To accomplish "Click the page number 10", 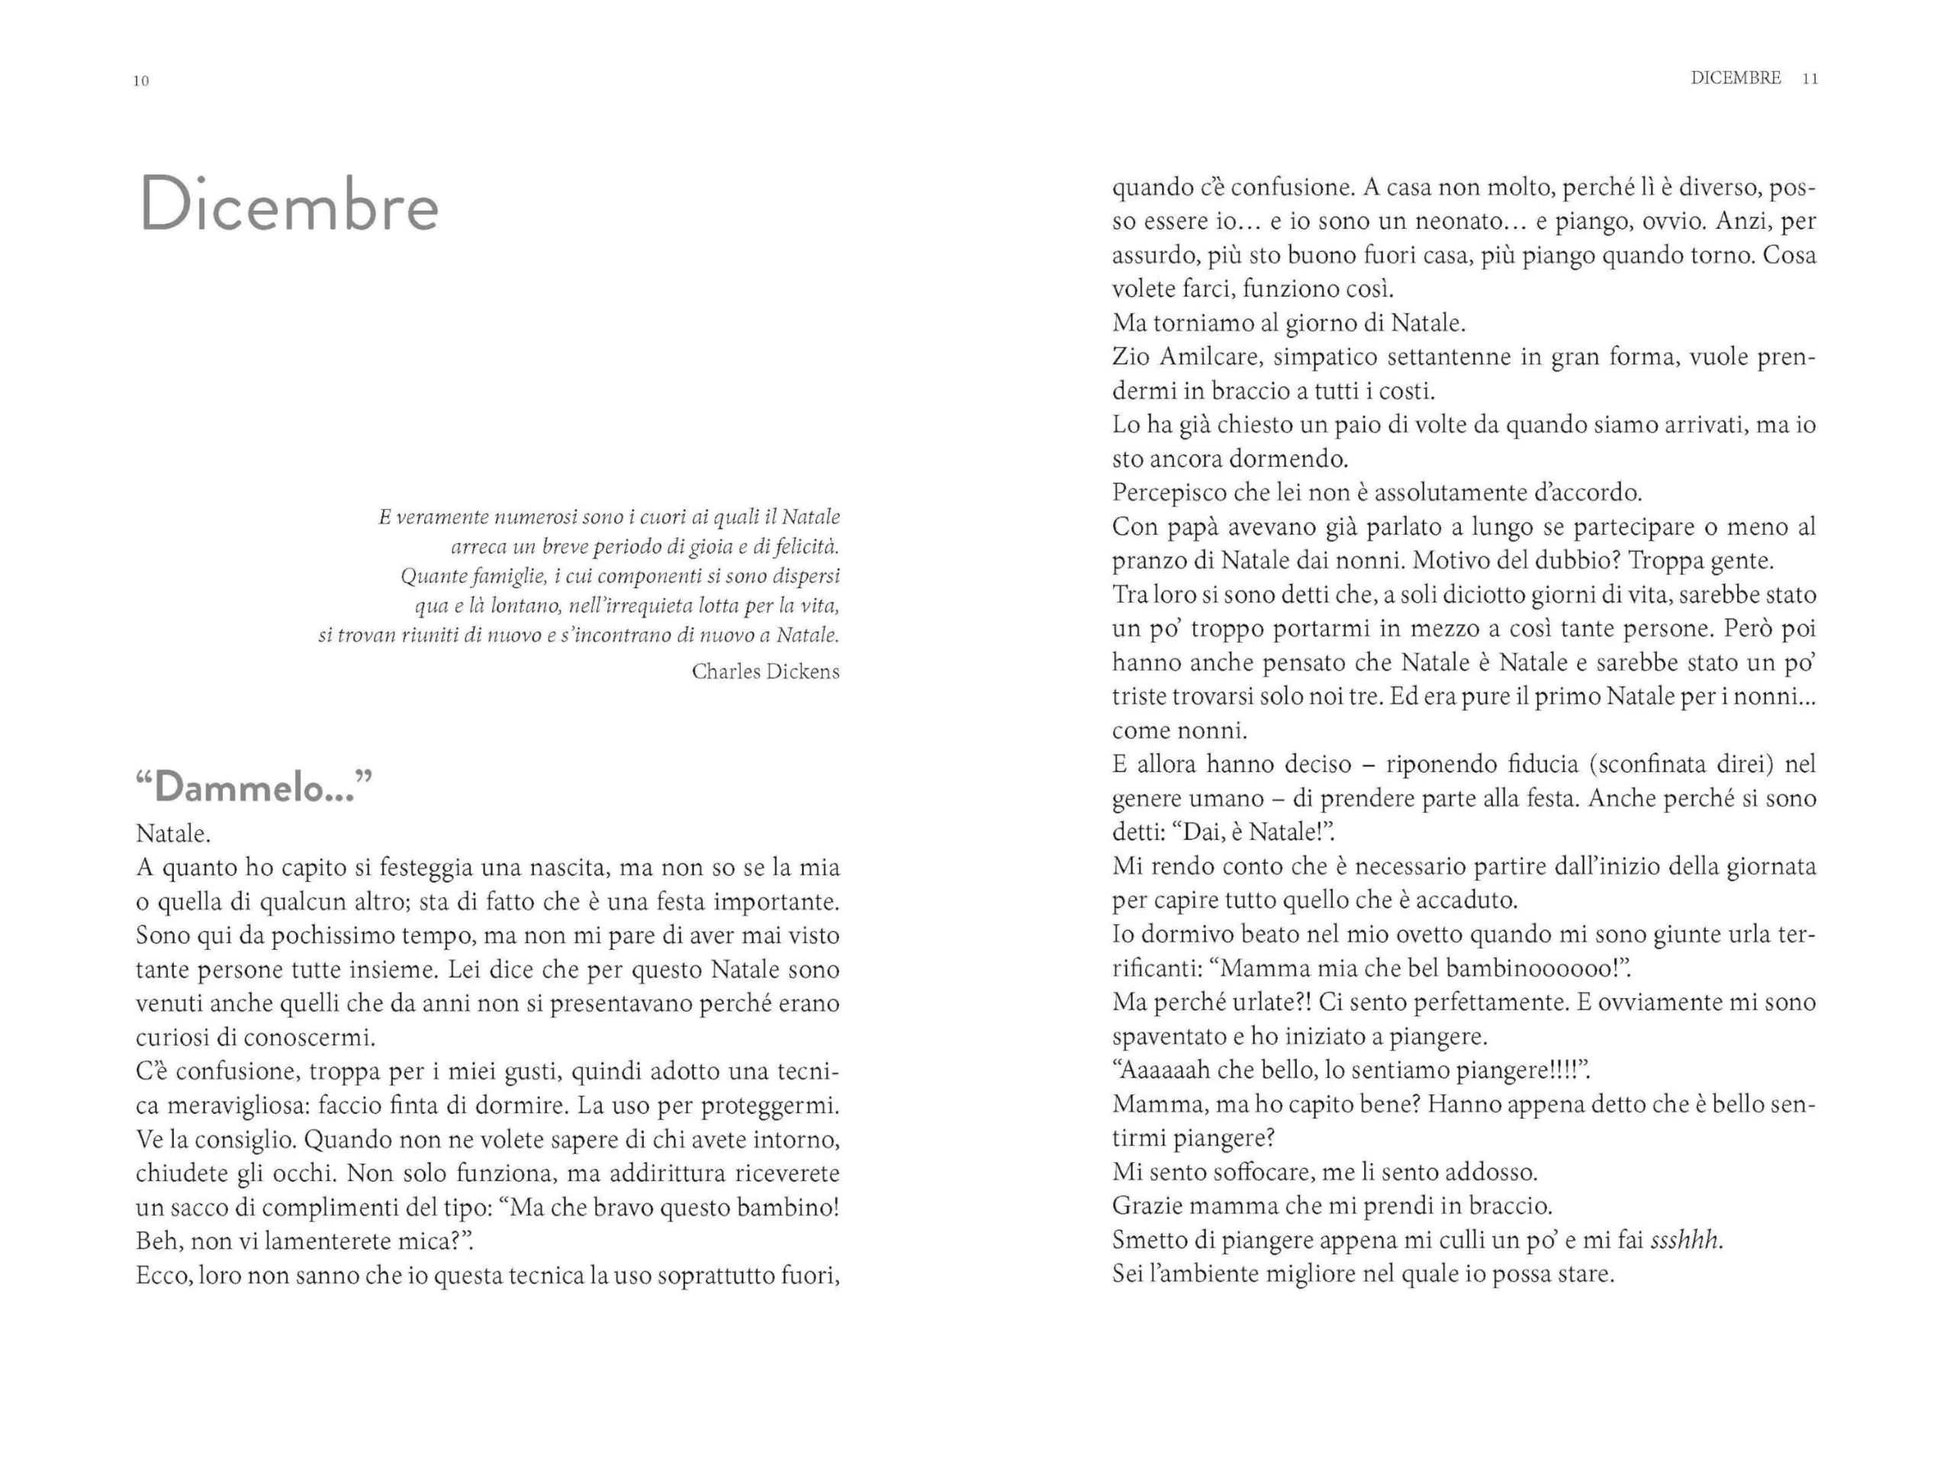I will tap(140, 81).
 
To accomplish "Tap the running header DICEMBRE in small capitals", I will tap(1735, 78).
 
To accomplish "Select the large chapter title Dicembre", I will tap(288, 206).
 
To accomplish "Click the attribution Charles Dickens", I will tap(764, 671).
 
